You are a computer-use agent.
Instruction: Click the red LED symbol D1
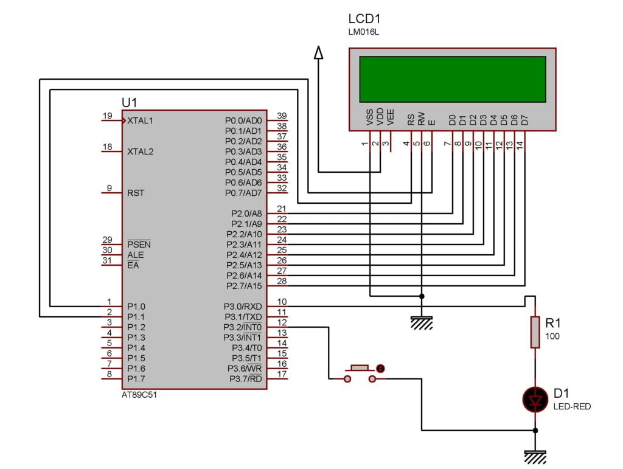(535, 400)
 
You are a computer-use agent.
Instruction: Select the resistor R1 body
(535, 332)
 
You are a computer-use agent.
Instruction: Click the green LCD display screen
(452, 79)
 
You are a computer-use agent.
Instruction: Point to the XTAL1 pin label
(141, 120)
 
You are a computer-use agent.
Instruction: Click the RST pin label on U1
(135, 193)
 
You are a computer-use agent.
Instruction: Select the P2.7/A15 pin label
(244, 285)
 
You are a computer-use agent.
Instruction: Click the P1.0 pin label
(136, 307)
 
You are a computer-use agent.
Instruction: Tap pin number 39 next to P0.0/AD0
(282, 116)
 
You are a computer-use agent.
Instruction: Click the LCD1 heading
(364, 18)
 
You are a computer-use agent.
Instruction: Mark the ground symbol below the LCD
(422, 322)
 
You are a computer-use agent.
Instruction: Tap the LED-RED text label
(571, 406)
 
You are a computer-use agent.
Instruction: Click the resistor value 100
(552, 336)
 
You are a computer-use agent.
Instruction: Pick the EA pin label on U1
(133, 265)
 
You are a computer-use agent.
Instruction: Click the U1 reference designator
(130, 102)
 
